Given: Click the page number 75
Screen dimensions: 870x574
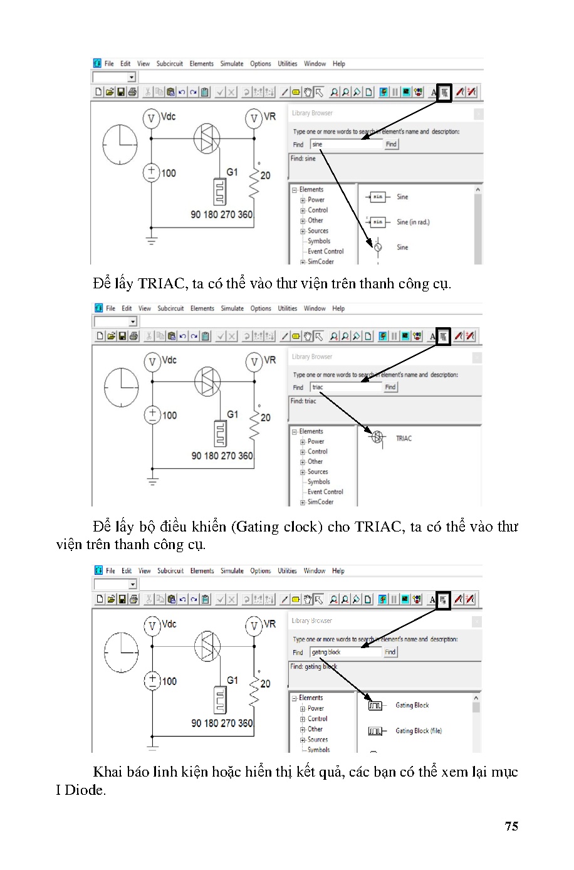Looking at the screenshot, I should point(511,826).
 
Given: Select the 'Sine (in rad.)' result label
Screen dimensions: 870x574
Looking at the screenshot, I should point(413,222).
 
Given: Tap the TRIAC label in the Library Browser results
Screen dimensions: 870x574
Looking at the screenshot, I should point(404,438).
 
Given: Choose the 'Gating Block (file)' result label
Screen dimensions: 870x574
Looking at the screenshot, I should point(418,731).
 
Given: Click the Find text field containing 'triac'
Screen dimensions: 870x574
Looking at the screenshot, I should point(345,387).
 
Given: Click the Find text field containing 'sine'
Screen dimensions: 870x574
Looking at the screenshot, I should point(345,144).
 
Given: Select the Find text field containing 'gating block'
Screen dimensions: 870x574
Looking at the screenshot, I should point(345,652).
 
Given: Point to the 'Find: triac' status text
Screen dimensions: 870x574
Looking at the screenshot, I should point(303,401).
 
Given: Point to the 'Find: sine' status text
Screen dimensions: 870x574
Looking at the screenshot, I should point(303,159).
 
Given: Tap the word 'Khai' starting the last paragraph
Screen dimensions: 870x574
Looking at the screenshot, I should point(107,772).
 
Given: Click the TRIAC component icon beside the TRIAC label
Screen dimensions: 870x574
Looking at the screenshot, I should point(377,438).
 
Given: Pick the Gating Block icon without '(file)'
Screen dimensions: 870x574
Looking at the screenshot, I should point(375,706).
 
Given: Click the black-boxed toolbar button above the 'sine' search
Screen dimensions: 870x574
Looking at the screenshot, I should point(444,93).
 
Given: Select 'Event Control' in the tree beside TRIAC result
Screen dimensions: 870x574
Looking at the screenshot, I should point(325,491).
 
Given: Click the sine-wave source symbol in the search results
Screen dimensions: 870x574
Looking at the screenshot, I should point(377,247).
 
